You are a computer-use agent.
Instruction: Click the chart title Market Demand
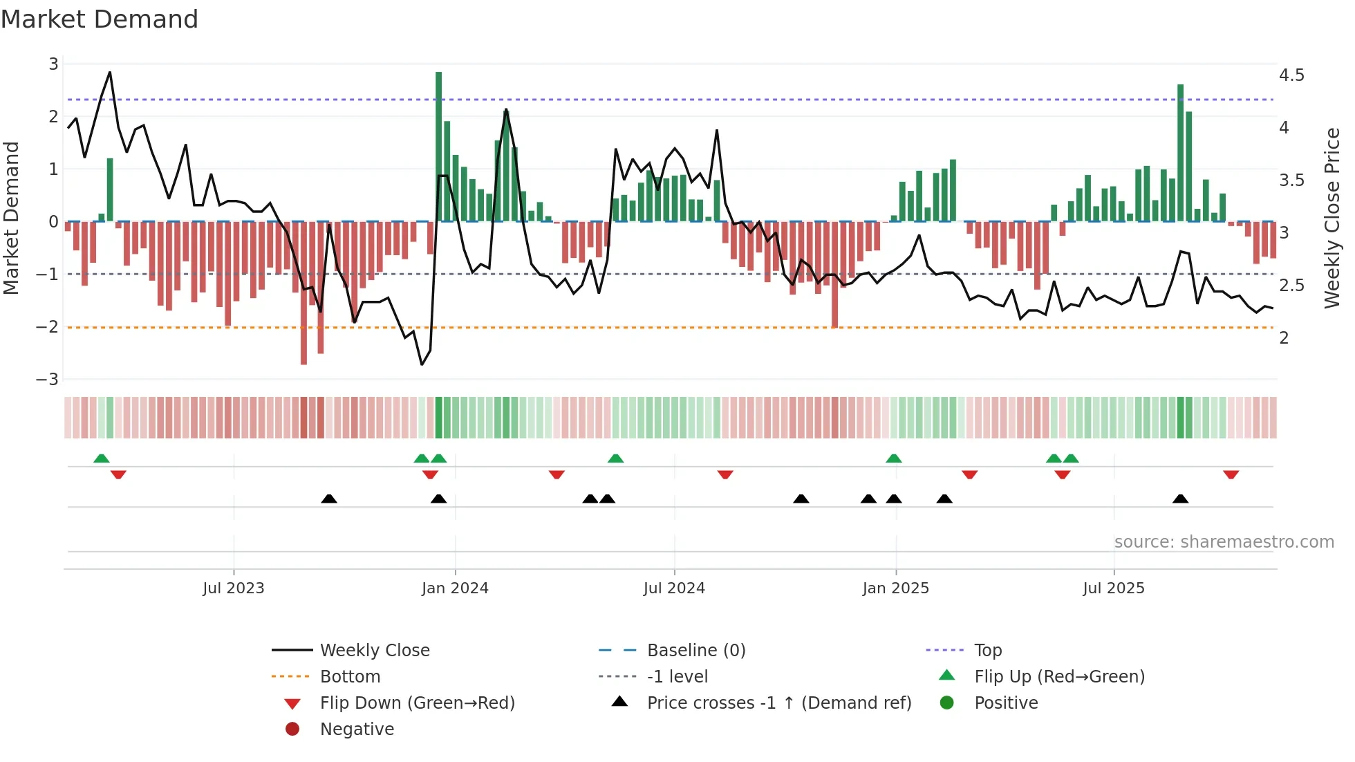100,19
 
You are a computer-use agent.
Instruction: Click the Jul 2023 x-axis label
234,588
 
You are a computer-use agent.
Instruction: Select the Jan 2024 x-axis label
455,588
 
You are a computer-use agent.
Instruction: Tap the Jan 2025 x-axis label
896,588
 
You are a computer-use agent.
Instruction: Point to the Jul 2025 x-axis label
1114,588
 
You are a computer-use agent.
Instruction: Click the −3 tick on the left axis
48,380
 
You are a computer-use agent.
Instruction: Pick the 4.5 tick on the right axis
1291,75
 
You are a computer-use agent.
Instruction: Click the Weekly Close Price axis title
1331,218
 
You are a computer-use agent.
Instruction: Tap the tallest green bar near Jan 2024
439,145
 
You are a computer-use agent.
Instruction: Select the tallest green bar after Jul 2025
1181,152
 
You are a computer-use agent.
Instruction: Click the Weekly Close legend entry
374,651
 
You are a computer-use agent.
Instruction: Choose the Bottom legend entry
350,677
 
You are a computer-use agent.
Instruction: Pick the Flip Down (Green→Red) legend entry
417,703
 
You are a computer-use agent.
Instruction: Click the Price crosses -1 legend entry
778,703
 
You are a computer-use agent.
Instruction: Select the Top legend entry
988,651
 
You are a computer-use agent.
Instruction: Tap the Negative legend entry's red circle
292,730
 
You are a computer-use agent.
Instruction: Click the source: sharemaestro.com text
1224,542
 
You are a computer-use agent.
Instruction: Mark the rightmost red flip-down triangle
1231,475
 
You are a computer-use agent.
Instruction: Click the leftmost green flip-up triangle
102,458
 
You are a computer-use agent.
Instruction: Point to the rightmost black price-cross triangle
1181,499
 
